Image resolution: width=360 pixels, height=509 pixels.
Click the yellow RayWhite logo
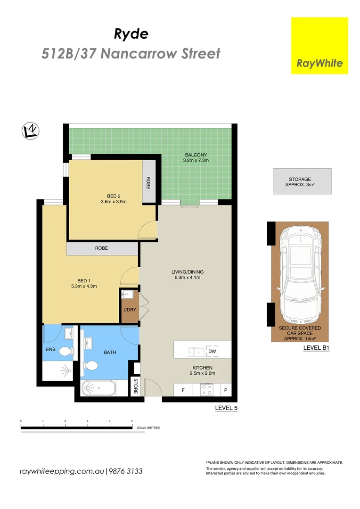(x=319, y=46)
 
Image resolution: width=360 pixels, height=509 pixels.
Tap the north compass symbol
(x=31, y=131)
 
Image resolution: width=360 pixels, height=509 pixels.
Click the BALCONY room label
(x=196, y=155)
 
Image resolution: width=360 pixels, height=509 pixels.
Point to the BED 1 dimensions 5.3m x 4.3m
(x=84, y=286)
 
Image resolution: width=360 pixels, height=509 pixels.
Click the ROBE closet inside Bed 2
(x=149, y=182)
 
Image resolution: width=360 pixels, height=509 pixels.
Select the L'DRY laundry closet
(x=130, y=310)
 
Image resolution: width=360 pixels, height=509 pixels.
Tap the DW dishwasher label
(x=212, y=351)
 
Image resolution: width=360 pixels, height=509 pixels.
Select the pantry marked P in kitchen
(x=225, y=390)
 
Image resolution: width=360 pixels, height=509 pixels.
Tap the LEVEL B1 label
(x=316, y=349)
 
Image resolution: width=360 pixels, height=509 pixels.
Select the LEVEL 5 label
(x=226, y=408)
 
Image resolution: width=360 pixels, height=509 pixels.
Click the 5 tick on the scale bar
(x=132, y=420)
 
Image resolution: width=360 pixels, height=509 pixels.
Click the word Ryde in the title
(x=131, y=33)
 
